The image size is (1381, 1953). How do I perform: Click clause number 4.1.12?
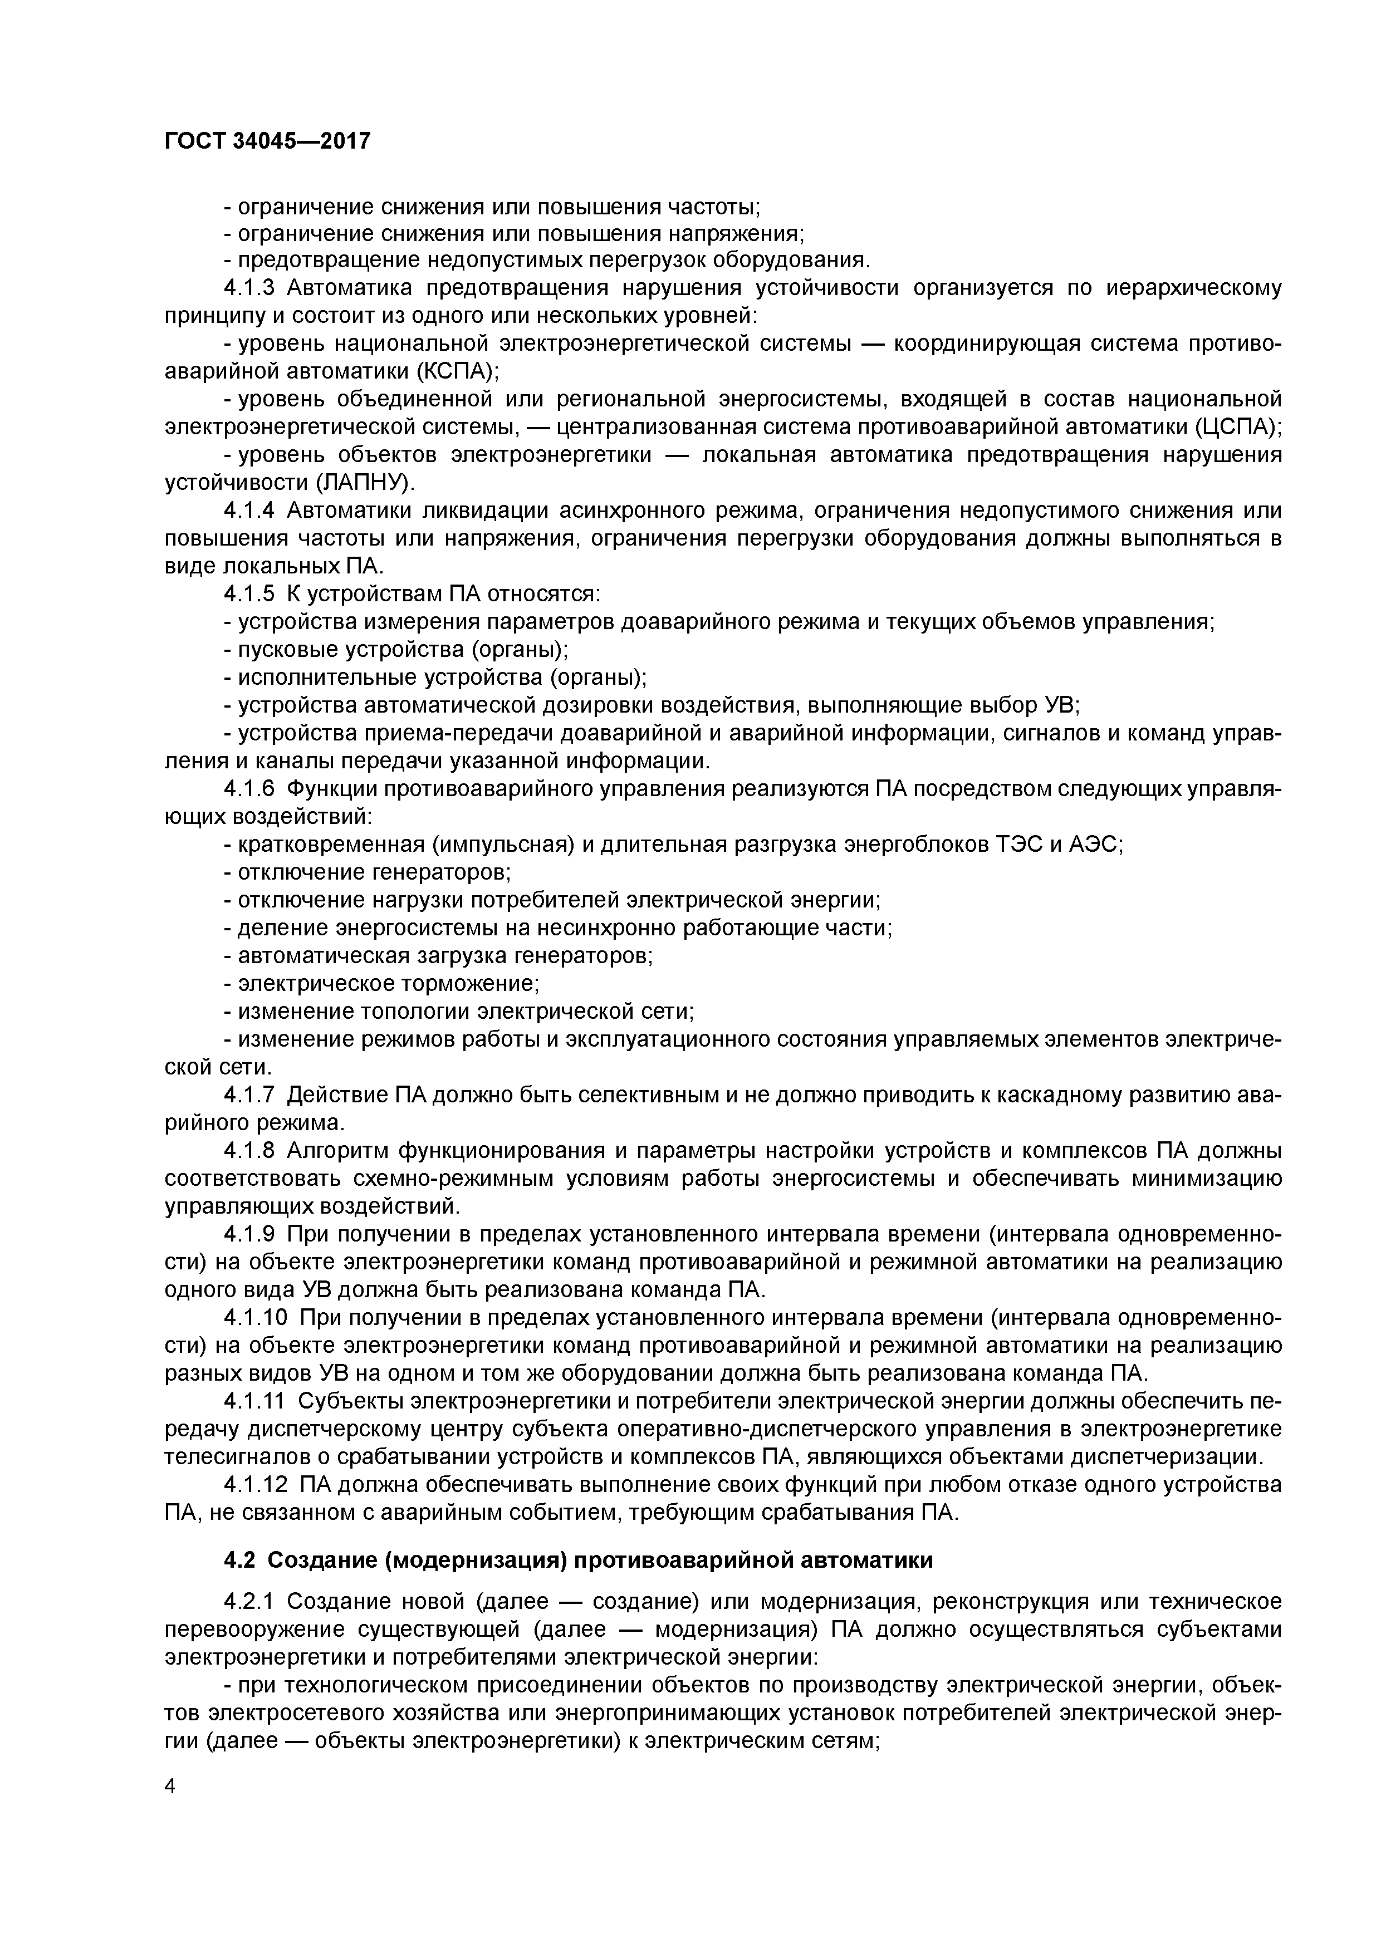[x=256, y=1484]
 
